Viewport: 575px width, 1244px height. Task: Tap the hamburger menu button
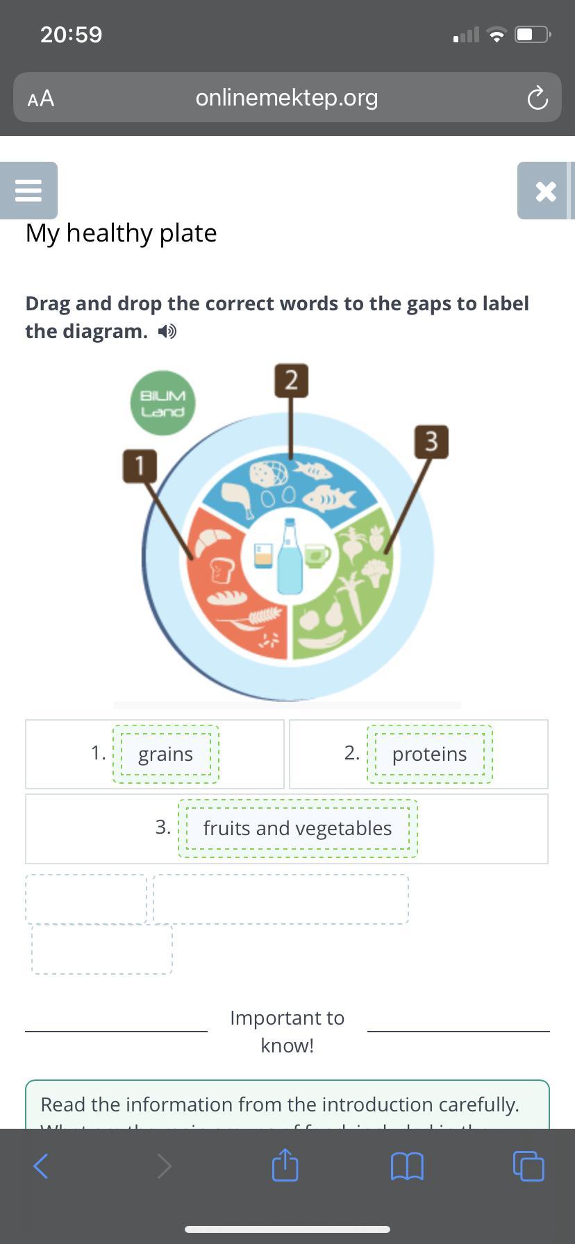pos(28,190)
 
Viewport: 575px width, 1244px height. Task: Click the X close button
pos(545,191)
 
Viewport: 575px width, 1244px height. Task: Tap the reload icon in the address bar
pos(537,99)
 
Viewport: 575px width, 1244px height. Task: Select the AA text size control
pos(41,99)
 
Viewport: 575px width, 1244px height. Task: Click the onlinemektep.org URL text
pos(287,98)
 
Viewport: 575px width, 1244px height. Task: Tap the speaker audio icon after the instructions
pos(167,332)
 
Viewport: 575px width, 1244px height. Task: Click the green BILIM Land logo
pos(162,403)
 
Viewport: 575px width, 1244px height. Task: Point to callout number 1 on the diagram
pos(140,465)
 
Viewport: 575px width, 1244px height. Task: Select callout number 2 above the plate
pos(291,380)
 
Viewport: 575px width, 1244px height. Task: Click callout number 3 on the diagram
pos(431,442)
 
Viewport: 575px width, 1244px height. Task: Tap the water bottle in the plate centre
pos(290,557)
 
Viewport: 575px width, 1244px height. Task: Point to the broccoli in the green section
pos(376,572)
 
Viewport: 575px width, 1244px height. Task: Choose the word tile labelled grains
pos(165,755)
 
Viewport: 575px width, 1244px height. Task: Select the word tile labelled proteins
pos(429,755)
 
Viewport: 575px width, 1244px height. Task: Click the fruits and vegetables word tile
pos(297,829)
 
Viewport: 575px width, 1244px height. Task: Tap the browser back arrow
pos(41,1166)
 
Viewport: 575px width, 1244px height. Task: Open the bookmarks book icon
pos(407,1166)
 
